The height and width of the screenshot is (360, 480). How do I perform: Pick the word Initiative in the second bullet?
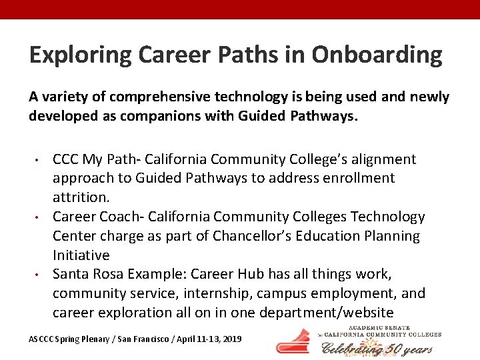coord(81,255)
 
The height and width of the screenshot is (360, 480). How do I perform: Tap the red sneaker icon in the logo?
coord(293,341)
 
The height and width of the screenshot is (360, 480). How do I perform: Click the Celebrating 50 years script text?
coord(377,348)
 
